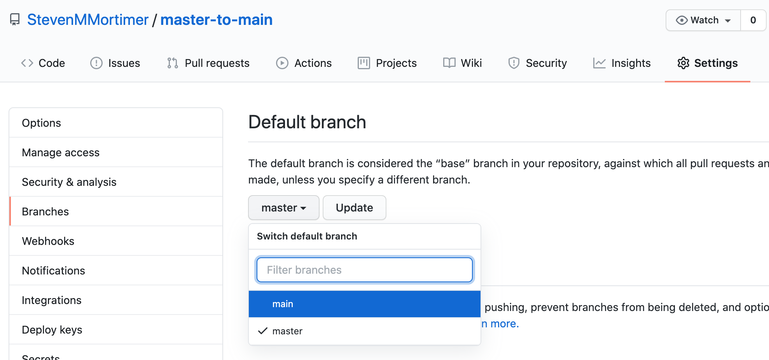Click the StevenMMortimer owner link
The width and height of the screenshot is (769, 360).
point(87,20)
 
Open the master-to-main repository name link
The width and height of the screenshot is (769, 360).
point(216,20)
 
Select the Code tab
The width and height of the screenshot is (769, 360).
point(43,63)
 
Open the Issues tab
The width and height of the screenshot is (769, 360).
point(115,63)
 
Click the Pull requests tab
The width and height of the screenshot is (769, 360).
point(208,63)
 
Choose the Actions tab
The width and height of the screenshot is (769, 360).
point(304,63)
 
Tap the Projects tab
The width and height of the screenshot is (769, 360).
point(387,63)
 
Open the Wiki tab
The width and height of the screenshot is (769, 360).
point(463,63)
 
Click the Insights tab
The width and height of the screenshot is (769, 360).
point(622,63)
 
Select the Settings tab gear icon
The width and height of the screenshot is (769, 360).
point(683,63)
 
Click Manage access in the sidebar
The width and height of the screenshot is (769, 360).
point(61,152)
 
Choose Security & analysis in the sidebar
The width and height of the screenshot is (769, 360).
point(69,182)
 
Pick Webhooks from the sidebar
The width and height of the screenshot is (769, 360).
point(48,241)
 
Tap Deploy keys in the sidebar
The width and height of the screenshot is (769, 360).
point(52,330)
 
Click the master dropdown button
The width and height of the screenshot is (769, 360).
point(284,208)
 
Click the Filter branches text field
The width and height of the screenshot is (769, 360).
point(365,270)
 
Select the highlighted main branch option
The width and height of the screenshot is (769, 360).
point(365,304)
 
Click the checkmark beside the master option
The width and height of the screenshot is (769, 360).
point(263,331)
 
